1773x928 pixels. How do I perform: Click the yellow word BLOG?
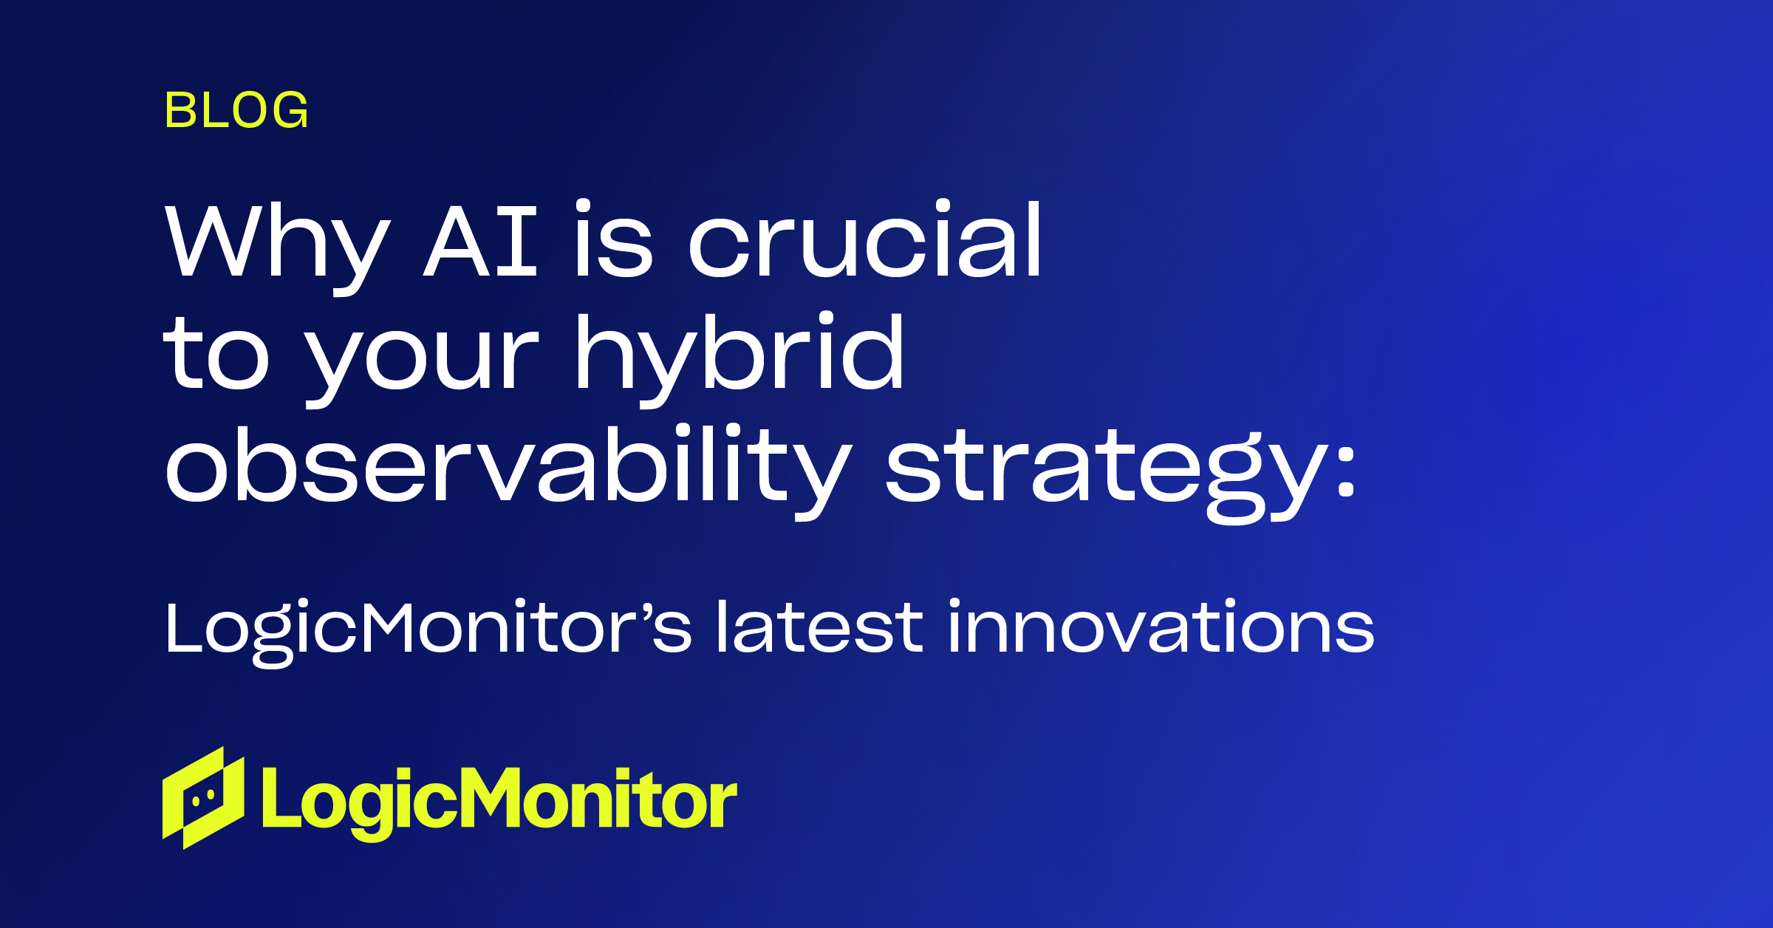[x=236, y=111]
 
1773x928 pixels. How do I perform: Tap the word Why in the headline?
[x=277, y=244]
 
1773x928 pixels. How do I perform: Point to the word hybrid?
[x=739, y=355]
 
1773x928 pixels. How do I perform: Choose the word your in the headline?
[x=421, y=358]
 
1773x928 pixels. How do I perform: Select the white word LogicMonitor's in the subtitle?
[x=428, y=628]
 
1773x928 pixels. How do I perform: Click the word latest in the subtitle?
[x=820, y=628]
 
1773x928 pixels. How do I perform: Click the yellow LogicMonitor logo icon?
[x=203, y=798]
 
